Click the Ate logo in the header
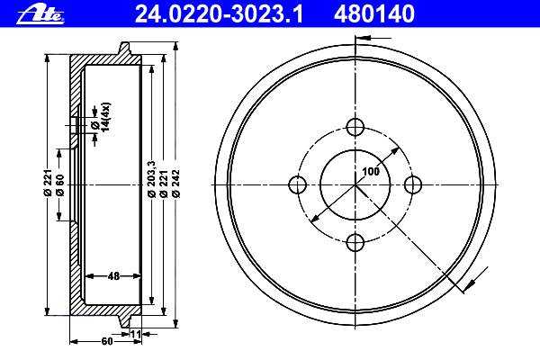[x=40, y=15]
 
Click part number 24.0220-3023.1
[x=219, y=14]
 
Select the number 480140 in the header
[x=374, y=14]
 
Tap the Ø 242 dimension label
[x=176, y=184]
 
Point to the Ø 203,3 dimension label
[x=151, y=179]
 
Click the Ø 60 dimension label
[x=59, y=185]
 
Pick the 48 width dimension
[x=113, y=276]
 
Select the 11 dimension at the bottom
[x=136, y=334]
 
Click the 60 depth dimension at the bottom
[x=107, y=341]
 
